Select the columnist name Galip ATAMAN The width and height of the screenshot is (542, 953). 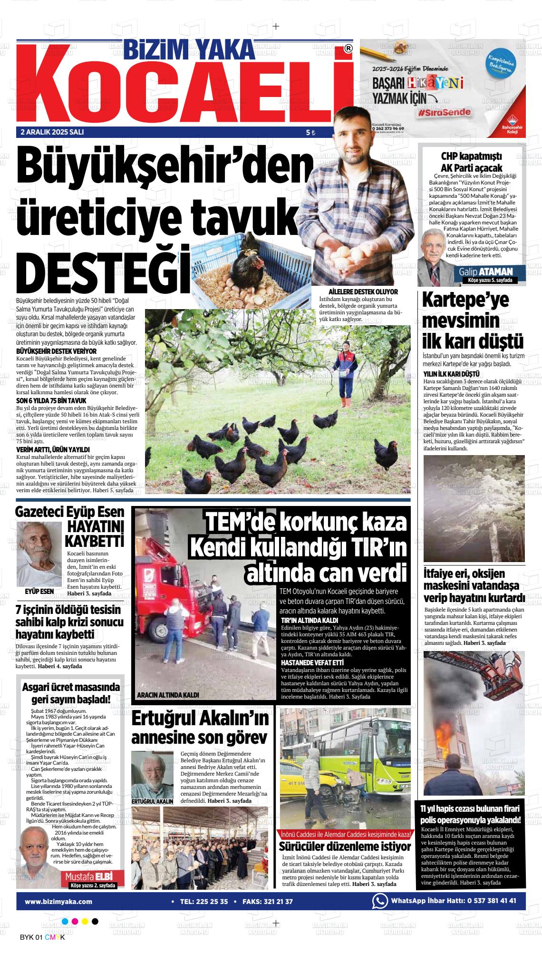[x=485, y=272]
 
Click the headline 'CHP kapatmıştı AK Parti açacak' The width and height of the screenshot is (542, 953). [x=471, y=162]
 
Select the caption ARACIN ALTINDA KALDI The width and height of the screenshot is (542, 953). [x=167, y=695]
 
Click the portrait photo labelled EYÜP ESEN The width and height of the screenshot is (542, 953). [x=39, y=554]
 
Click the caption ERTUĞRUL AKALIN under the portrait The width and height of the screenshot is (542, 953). [x=152, y=801]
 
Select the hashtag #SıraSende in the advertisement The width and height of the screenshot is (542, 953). [x=445, y=113]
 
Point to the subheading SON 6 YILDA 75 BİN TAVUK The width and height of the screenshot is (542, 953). [x=51, y=401]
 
